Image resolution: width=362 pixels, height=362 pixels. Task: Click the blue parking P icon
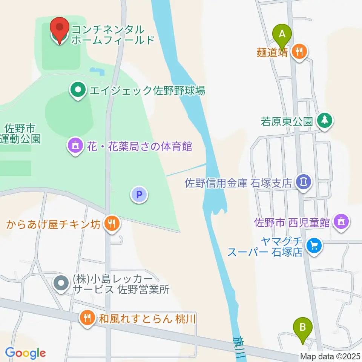pyautogui.click(x=139, y=195)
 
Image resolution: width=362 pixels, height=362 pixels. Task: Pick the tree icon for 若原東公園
pyautogui.click(x=324, y=121)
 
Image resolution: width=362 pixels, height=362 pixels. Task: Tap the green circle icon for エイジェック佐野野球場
pyautogui.click(x=78, y=90)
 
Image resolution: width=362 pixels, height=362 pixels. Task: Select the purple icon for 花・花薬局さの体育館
pyautogui.click(x=75, y=145)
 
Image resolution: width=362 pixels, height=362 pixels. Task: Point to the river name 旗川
pyautogui.click(x=238, y=347)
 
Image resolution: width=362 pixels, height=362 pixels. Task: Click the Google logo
pyautogui.click(x=25, y=353)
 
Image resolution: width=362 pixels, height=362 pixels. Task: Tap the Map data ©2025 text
pyautogui.click(x=330, y=356)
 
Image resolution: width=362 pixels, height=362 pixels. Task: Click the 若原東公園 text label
pyautogui.click(x=287, y=121)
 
